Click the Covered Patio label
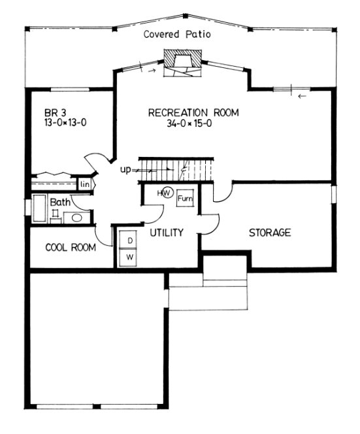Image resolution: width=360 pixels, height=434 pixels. point(177,35)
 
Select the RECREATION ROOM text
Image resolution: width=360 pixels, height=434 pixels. point(193,112)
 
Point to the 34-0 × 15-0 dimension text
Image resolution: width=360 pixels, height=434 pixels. point(193,123)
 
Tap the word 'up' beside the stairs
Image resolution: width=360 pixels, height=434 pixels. point(126,170)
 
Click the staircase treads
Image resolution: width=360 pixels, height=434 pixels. point(176,169)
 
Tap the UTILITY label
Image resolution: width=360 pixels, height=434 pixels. point(165,233)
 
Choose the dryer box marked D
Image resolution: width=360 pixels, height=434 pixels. point(129,241)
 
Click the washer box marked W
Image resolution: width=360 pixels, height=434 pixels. point(129,258)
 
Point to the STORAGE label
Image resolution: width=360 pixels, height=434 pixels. point(269,233)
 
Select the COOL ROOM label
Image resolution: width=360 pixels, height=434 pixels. point(70,248)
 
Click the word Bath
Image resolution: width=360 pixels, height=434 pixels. point(61,203)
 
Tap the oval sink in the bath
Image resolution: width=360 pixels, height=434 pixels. point(76,218)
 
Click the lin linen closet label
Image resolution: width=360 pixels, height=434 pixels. point(85,184)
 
